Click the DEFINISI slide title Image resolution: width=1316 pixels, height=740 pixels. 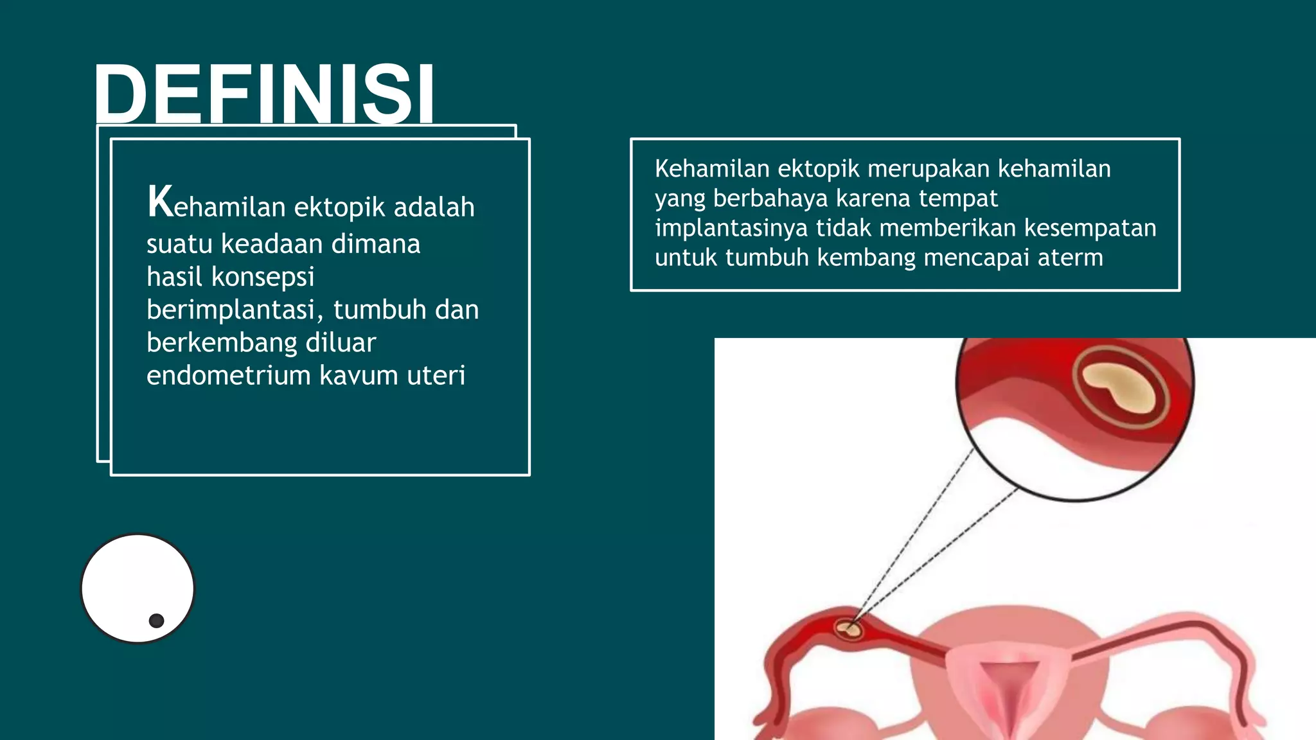pos(264,93)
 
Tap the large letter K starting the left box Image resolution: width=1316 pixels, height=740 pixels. pos(160,202)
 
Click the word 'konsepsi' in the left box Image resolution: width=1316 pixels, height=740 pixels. pos(263,277)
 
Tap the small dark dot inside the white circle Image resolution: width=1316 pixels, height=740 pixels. pos(156,621)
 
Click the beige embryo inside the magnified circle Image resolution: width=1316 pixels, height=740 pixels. pos(1119,388)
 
